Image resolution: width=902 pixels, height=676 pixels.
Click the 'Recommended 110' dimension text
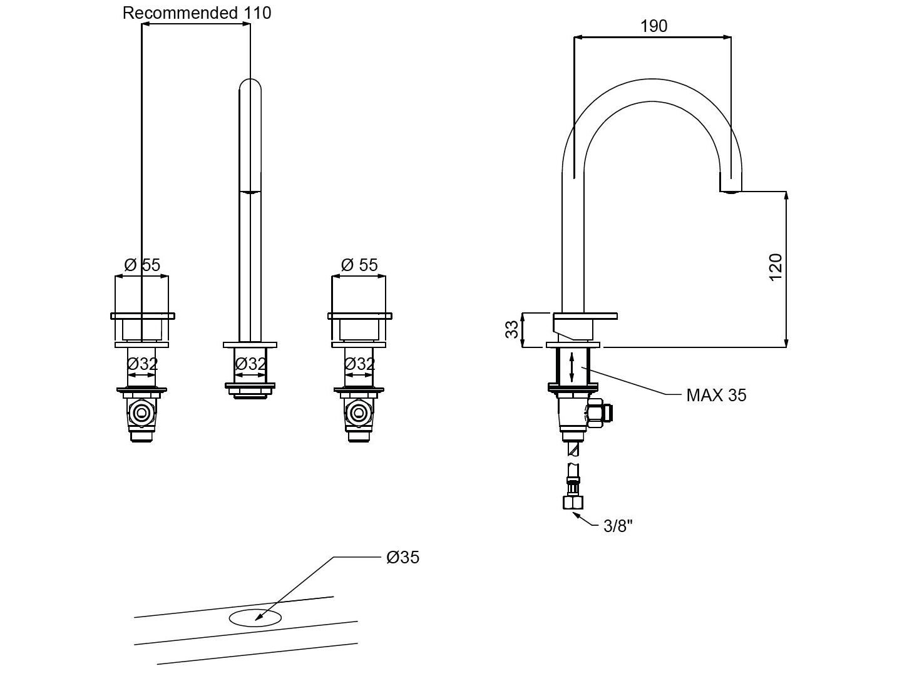tap(197, 13)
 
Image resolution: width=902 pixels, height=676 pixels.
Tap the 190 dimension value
tap(653, 26)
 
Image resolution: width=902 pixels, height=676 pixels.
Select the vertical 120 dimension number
tap(775, 267)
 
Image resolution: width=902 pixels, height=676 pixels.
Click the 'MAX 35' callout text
tap(716, 395)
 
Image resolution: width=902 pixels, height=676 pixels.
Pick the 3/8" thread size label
tap(618, 526)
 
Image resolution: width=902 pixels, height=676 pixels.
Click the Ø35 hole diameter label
tap(402, 557)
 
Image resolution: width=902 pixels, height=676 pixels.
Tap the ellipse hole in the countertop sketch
tap(255, 618)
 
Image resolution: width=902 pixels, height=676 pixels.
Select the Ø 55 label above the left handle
tap(142, 265)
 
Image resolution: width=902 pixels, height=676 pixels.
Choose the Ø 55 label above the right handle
tap(359, 265)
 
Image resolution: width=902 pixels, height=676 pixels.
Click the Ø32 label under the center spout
tap(250, 364)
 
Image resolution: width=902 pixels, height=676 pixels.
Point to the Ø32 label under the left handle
tap(142, 364)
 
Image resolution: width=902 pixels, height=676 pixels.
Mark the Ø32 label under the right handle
tap(359, 364)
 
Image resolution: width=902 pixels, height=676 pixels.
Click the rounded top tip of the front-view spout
tap(250, 85)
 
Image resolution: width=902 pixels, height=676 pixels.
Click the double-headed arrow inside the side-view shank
tap(572, 367)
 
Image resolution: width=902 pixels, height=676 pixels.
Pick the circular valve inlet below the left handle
tap(142, 412)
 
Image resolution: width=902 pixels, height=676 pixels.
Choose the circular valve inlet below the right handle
tap(359, 412)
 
